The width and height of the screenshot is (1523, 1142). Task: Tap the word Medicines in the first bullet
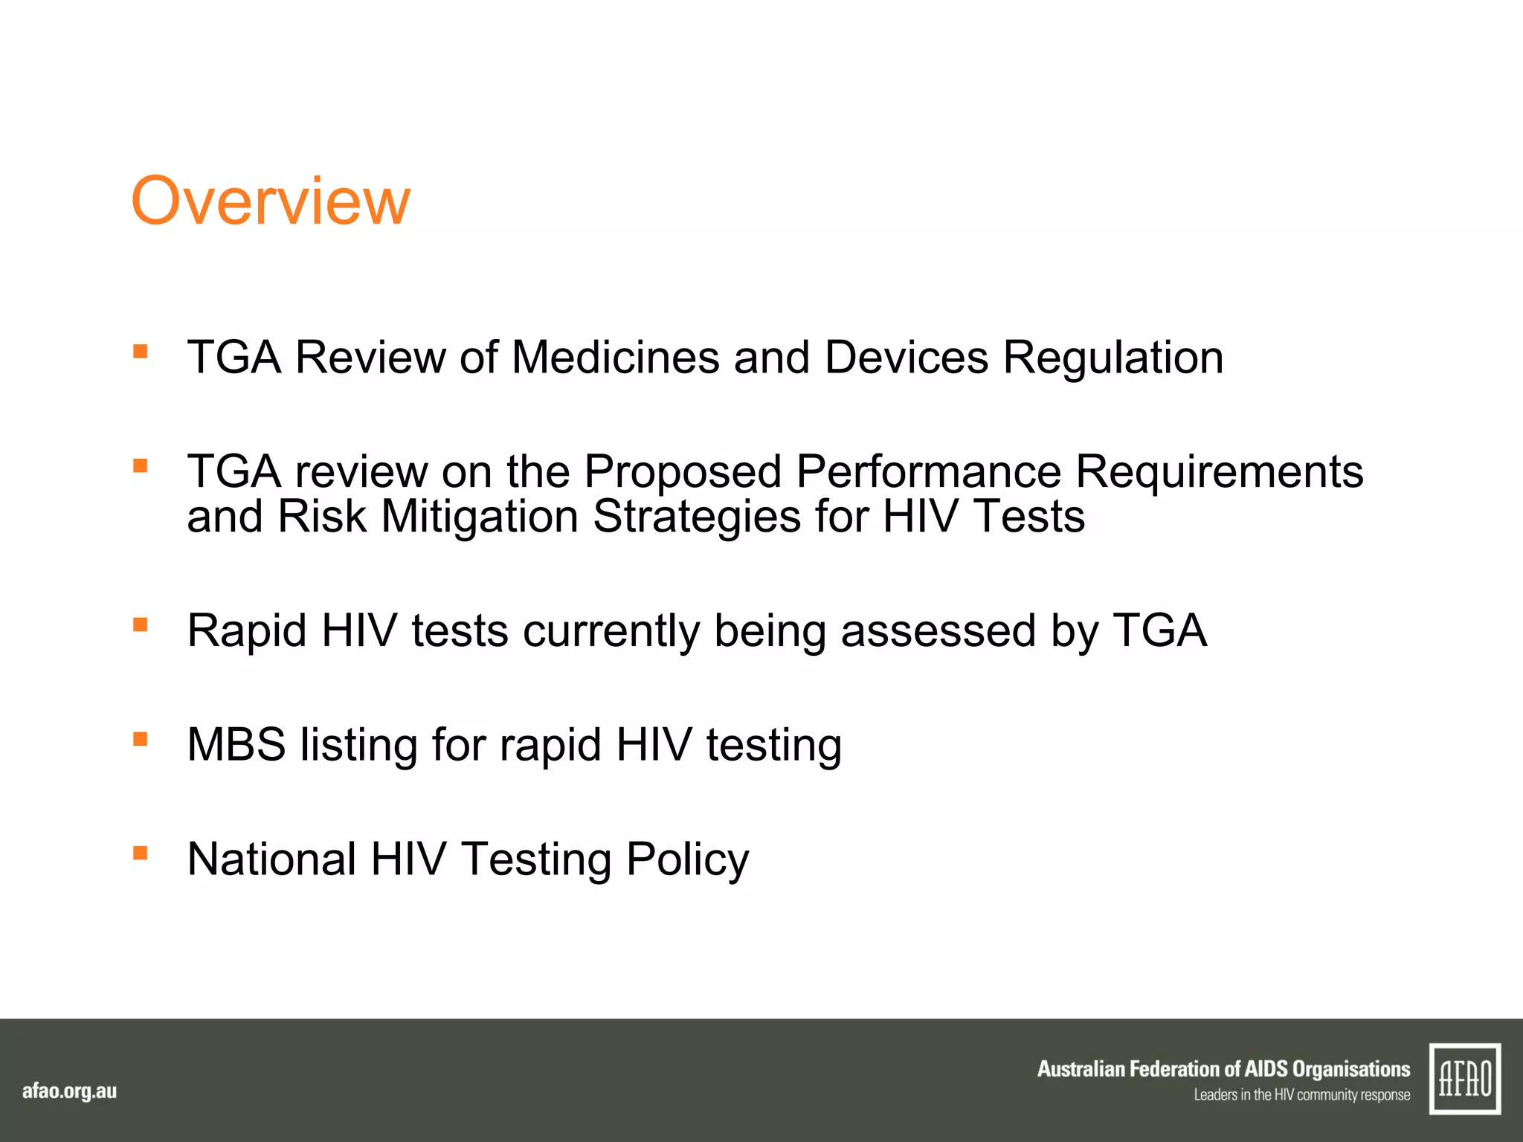click(x=616, y=358)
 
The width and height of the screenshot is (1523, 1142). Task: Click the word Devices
click(x=906, y=358)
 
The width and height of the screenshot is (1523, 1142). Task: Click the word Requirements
click(x=1220, y=472)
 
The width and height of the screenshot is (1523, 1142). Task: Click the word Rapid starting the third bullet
click(x=247, y=631)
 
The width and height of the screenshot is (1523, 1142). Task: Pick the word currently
click(x=611, y=631)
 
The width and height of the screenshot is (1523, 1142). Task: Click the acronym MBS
click(x=236, y=744)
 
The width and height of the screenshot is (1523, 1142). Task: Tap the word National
click(x=271, y=859)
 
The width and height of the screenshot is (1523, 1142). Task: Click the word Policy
click(x=687, y=859)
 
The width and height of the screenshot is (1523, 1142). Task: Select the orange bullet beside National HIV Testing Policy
click(x=140, y=853)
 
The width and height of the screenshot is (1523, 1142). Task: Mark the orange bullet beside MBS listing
click(x=140, y=739)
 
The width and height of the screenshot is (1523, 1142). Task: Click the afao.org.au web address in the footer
click(x=70, y=1091)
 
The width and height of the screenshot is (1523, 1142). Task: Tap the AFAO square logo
click(x=1464, y=1079)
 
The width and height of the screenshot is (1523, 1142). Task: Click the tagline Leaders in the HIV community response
click(x=1301, y=1095)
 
